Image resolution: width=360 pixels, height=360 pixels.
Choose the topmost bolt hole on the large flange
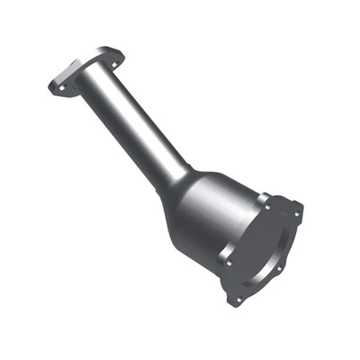point(267,195)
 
